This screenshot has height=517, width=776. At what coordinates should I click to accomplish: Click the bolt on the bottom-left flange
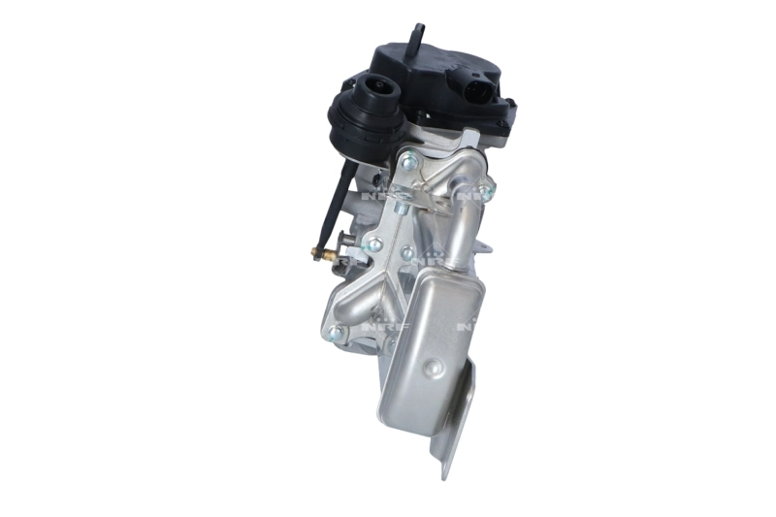[x=336, y=333]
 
